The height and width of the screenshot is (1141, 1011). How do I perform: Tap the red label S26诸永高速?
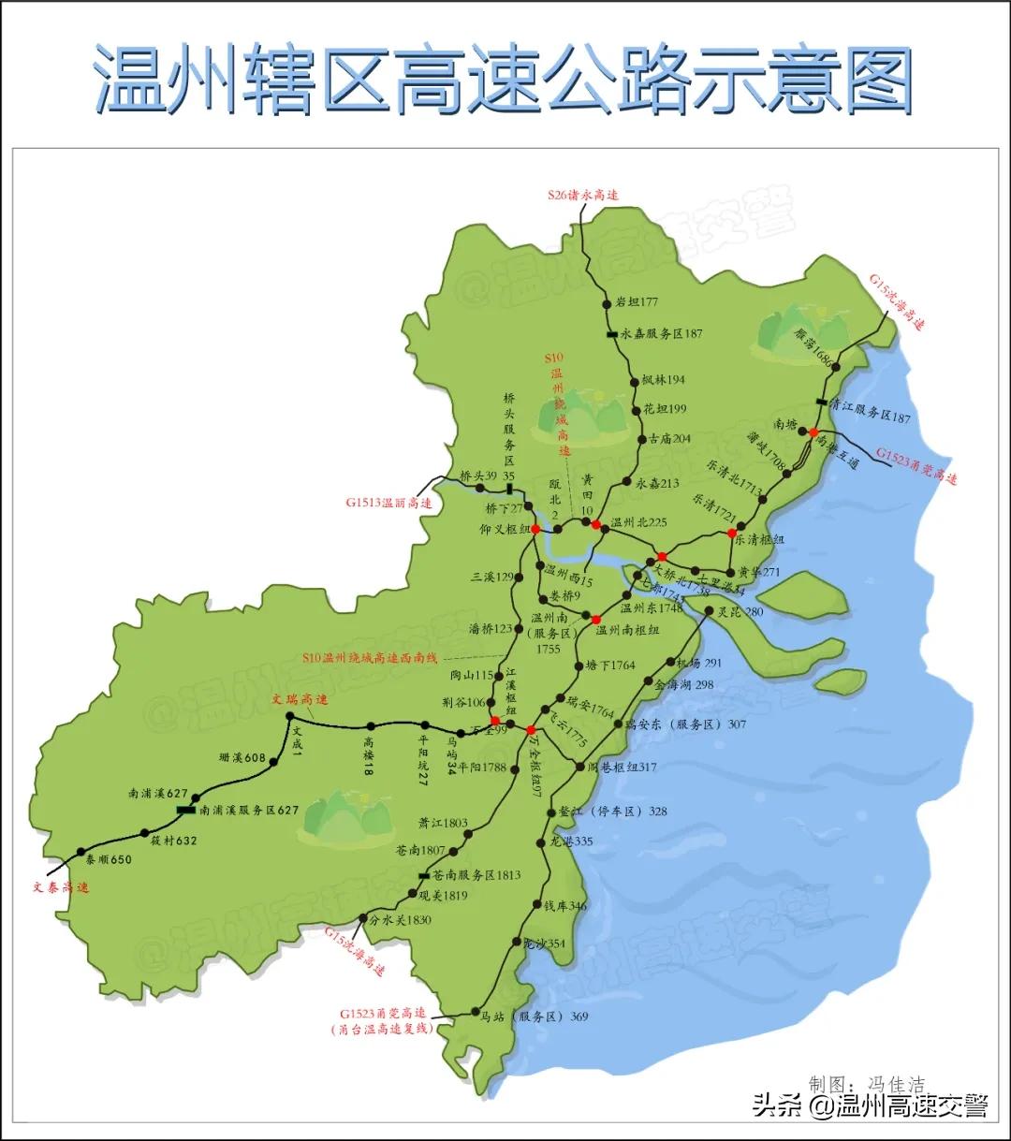tap(583, 196)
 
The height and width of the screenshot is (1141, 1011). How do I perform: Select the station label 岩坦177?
tap(637, 302)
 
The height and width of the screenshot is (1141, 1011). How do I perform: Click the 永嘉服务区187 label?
tap(661, 333)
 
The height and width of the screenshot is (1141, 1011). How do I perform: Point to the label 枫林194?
tap(664, 380)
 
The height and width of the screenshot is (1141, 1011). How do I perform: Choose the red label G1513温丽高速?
tap(388, 503)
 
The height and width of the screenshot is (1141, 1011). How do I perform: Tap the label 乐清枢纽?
tap(758, 540)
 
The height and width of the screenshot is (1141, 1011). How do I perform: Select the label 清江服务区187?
tap(870, 417)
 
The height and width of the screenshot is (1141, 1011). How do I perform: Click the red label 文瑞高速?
tap(300, 699)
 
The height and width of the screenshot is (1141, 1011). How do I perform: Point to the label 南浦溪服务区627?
tap(249, 811)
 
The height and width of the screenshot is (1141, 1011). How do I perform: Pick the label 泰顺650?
tap(109, 859)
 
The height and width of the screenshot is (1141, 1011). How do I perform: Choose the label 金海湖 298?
tap(684, 685)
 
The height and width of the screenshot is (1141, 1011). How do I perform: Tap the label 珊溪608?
tap(242, 758)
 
